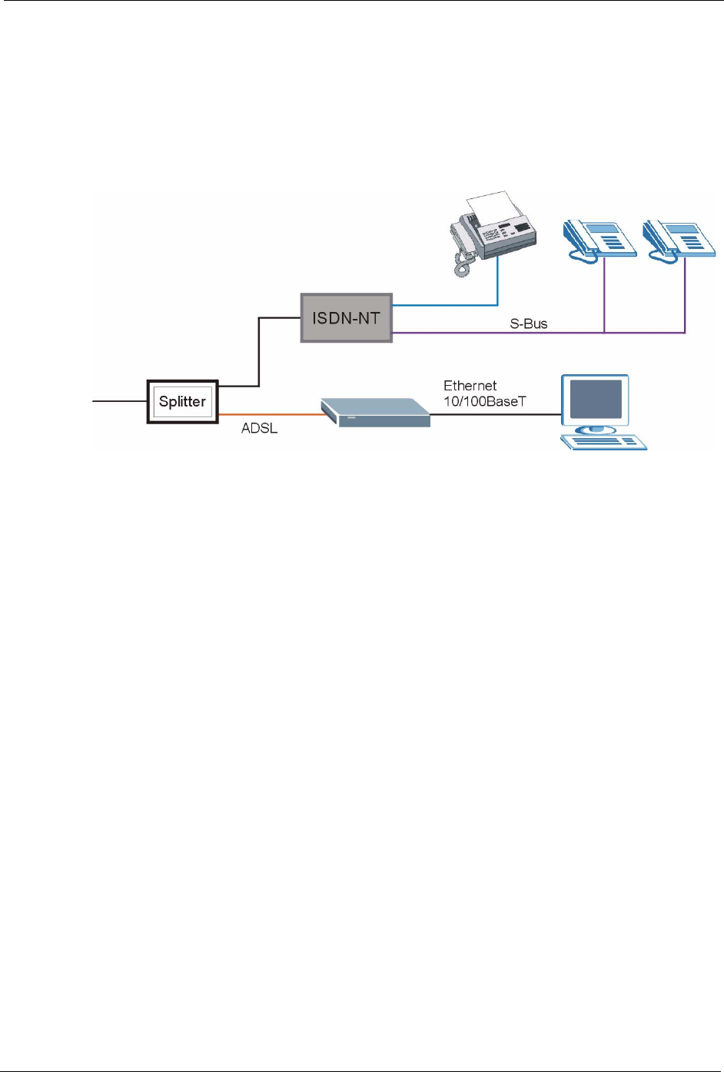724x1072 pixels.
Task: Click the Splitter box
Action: click(x=182, y=401)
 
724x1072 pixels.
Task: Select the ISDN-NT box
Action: click(x=346, y=317)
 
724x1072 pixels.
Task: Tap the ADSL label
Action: click(x=259, y=428)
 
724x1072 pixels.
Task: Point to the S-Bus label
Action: click(x=529, y=324)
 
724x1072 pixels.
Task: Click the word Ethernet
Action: click(x=470, y=386)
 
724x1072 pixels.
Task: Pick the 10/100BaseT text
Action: click(x=484, y=401)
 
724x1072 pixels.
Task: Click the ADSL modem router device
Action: click(x=375, y=413)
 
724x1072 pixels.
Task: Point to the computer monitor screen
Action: click(x=595, y=399)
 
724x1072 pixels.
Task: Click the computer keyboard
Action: click(x=603, y=442)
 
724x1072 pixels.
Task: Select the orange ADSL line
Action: click(x=269, y=415)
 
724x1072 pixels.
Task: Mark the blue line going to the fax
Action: click(x=446, y=305)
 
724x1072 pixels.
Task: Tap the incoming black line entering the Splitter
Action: click(x=119, y=401)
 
